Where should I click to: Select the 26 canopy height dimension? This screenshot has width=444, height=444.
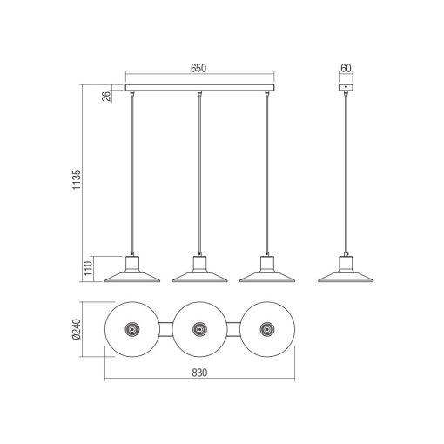[106, 97]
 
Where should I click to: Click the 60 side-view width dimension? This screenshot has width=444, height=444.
[346, 67]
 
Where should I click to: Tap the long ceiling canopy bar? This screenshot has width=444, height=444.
[200, 89]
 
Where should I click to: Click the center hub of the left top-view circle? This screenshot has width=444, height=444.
[133, 330]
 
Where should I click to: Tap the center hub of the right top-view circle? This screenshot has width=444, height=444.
[266, 330]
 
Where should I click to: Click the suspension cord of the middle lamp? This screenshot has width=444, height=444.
[200, 174]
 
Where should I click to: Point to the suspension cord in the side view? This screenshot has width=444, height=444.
[346, 174]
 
